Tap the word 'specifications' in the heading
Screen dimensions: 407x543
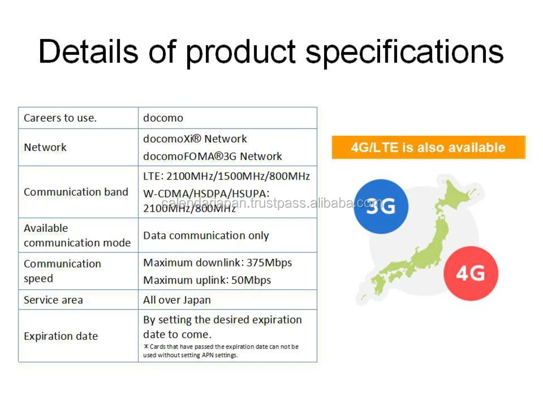[405, 53]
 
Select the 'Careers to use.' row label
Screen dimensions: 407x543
[60, 118]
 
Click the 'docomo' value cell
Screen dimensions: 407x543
[163, 118]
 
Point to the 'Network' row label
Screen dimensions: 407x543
[45, 147]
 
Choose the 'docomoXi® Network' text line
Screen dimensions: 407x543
[195, 139]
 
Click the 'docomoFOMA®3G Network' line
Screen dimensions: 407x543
[212, 156]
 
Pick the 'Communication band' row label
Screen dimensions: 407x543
[76, 192]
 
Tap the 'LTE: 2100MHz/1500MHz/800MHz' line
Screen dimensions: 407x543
[226, 176]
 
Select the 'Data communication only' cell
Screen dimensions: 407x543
[206, 236]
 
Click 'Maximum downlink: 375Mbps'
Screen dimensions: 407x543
[217, 263]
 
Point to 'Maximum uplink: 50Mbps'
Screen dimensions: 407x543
[207, 280]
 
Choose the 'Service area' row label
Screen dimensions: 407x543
[53, 300]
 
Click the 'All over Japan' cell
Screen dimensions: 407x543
[176, 300]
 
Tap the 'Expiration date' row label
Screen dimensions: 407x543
[61, 336]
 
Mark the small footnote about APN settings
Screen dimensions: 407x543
[220, 351]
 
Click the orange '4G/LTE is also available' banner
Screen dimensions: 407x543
[428, 148]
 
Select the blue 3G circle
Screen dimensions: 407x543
[380, 206]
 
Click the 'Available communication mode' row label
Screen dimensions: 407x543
[77, 236]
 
